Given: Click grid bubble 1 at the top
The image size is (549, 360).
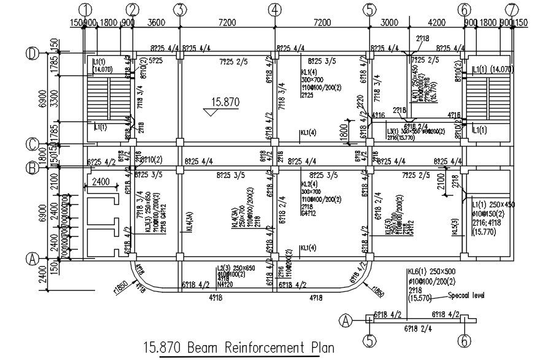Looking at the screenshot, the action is [x=85, y=10].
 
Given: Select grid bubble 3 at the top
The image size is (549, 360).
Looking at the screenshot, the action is [x=179, y=10].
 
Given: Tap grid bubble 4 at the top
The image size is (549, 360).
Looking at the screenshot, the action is [x=275, y=10].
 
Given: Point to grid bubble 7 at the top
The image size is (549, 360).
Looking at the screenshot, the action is [x=510, y=10].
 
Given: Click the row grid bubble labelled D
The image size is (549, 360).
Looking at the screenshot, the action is [x=32, y=54].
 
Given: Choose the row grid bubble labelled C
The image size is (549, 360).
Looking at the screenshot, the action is [x=32, y=145].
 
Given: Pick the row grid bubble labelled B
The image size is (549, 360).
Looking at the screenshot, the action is [x=32, y=166].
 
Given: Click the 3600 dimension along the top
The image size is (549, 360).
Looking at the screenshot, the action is [x=156, y=23].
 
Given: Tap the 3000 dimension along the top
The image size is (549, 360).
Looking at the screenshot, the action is [x=388, y=23].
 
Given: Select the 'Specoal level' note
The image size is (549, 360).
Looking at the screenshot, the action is [x=466, y=296].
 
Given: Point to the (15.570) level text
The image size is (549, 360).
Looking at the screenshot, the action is [x=420, y=297].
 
